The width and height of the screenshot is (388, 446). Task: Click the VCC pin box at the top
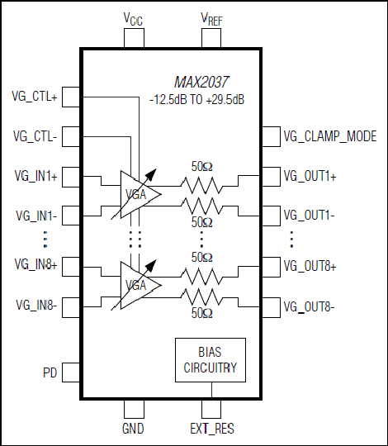[134, 38]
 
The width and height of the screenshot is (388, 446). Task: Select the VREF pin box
[211, 38]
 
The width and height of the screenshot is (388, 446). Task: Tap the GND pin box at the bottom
[134, 409]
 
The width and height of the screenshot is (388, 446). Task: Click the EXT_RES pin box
[211, 409]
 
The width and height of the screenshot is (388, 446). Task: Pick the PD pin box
[71, 372]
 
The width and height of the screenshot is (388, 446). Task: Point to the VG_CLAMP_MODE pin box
[271, 136]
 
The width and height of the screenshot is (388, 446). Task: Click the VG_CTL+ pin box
[71, 97]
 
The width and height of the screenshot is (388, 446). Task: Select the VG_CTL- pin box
[71, 136]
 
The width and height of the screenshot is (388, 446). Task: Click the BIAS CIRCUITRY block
[211, 360]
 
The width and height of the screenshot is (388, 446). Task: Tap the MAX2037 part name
[201, 83]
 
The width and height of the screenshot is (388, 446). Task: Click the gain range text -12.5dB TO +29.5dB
[196, 100]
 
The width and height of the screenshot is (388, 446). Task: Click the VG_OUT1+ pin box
[271, 177]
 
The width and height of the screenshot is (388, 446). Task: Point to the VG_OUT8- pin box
[271, 307]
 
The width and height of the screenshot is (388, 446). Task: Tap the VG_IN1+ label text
[36, 177]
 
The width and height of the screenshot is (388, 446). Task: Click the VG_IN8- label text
[36, 306]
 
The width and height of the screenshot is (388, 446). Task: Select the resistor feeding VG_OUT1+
[201, 186]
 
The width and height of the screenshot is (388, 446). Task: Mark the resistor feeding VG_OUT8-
[201, 297]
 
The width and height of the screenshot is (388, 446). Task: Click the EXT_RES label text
[212, 429]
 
